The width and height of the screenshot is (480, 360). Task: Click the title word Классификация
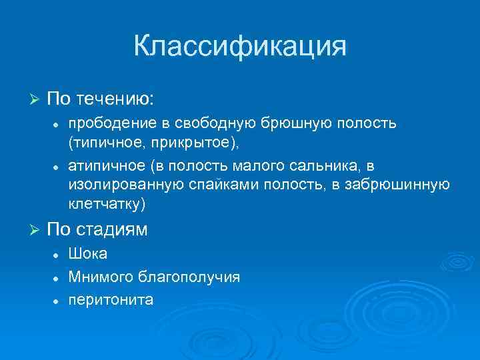click(x=240, y=47)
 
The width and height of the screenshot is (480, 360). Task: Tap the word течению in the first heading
click(x=115, y=99)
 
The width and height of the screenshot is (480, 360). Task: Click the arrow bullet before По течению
click(x=35, y=99)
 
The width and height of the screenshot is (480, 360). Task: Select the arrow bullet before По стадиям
click(x=35, y=230)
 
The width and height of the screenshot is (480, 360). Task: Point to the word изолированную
click(x=121, y=183)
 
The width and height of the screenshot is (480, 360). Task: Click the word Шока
click(x=87, y=255)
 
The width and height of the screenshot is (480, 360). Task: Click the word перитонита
click(x=110, y=299)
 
